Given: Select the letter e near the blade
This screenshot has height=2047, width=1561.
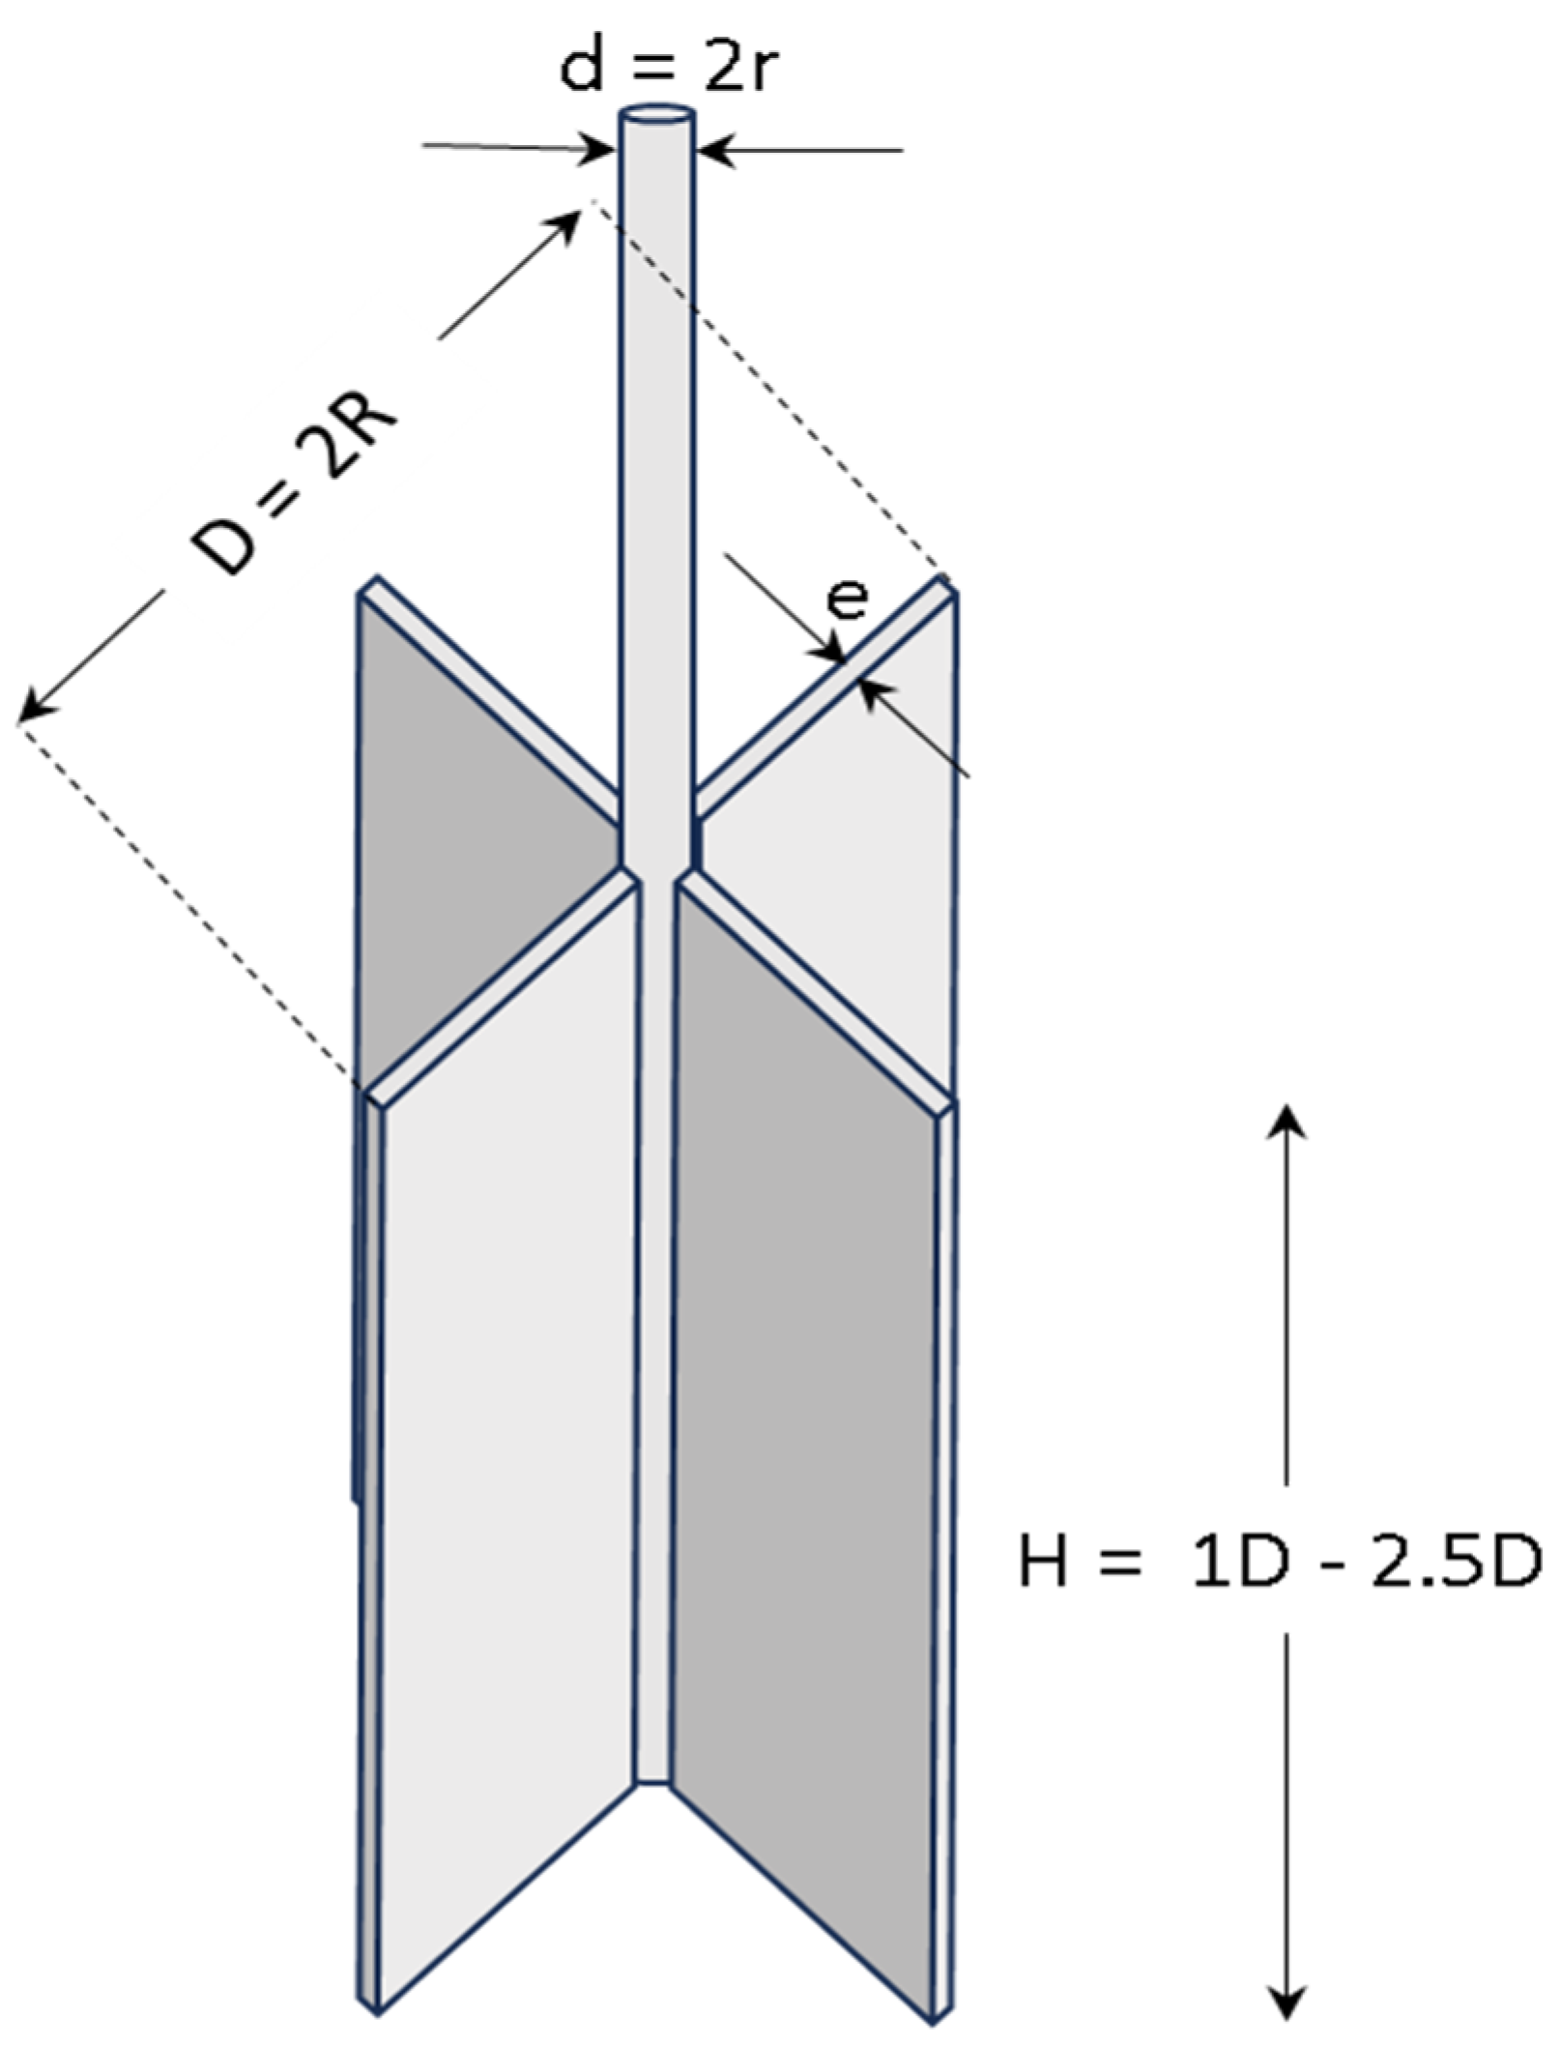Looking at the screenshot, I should coord(848,599).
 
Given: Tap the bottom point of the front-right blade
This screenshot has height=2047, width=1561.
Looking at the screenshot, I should coord(936,2017).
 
